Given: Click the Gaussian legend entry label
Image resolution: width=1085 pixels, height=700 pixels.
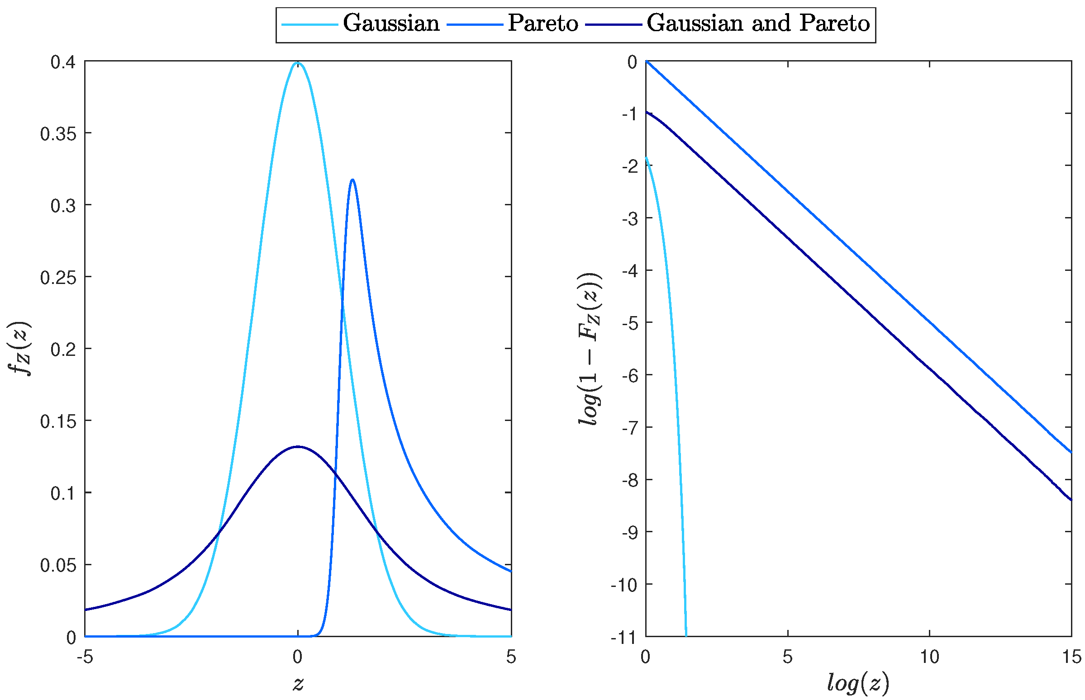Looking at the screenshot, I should coord(390,23).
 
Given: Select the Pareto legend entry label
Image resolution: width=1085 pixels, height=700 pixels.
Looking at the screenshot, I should coord(542,23).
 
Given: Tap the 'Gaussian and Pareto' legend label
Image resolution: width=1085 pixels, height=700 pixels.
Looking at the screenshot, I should coord(757,23).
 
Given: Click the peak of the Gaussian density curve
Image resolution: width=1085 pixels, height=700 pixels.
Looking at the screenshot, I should coord(298,63).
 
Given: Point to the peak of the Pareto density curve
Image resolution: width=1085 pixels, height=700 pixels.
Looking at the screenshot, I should coord(352,180).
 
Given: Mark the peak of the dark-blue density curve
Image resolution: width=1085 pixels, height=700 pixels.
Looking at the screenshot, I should coord(298,447).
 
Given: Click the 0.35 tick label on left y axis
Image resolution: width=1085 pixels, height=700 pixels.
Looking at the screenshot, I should coord(58,134).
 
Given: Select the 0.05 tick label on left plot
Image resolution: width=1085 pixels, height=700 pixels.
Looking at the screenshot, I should coord(58,565).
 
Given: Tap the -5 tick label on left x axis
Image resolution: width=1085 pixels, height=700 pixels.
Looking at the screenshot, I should coord(85,657).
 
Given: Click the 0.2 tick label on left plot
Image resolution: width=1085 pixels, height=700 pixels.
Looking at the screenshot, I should coord(63,350).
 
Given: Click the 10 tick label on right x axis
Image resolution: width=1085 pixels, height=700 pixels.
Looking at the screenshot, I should coord(929,657).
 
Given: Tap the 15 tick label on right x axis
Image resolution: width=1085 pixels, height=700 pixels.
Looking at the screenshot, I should coord(1071,657).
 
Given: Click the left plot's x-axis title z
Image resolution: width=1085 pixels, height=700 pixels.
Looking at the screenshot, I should coord(298,683).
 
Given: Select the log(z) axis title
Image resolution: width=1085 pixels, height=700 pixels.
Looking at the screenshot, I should coord(857,683).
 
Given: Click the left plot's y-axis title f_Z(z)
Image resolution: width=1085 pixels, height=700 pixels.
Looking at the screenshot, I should coord(19,349).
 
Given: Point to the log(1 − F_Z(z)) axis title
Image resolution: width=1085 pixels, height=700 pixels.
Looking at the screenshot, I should coord(590,349).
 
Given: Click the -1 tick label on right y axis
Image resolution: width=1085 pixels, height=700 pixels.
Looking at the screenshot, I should coord(630,114).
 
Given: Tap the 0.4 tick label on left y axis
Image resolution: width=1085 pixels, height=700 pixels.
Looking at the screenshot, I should coord(63,62).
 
